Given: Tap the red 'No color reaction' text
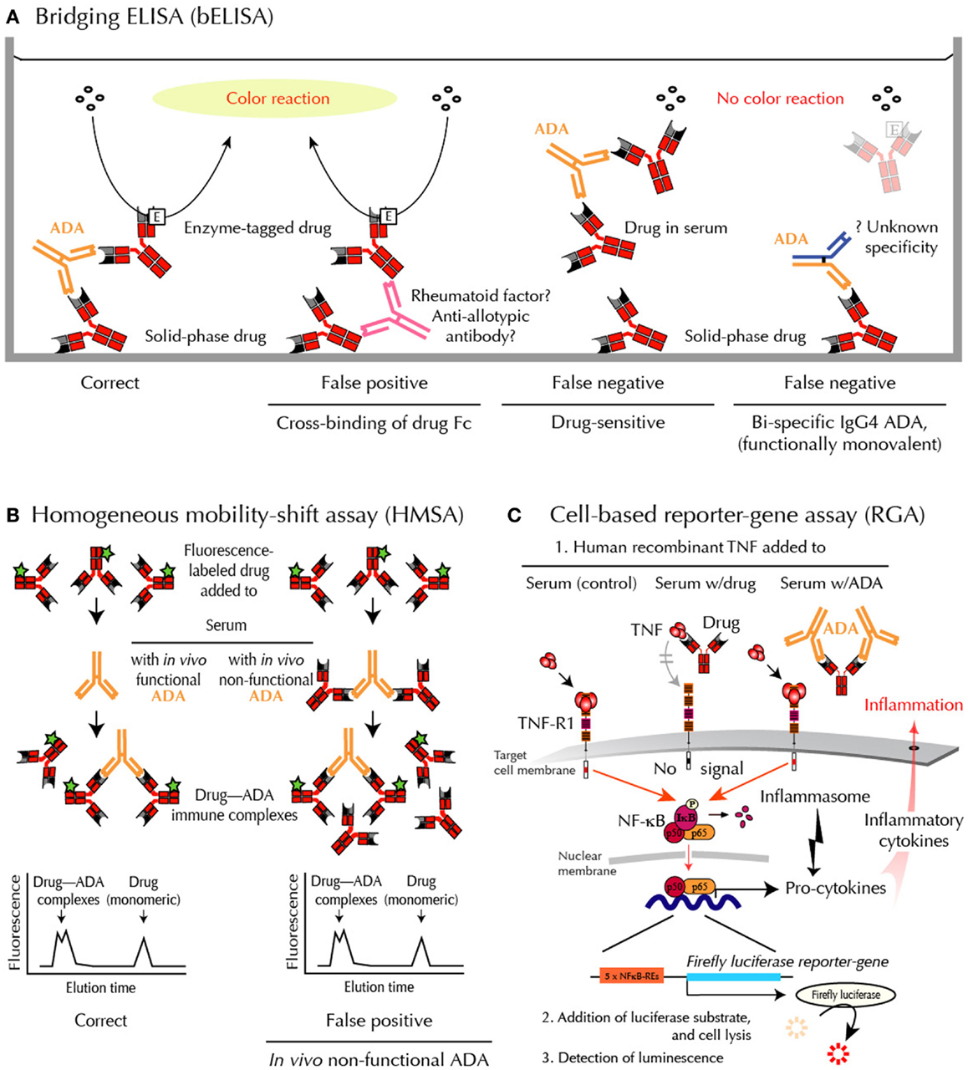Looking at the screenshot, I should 780,99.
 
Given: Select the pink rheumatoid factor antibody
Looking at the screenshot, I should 394,314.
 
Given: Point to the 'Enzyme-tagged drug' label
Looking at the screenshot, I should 257,227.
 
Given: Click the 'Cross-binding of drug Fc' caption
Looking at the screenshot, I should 374,423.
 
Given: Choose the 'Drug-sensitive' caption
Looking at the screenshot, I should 608,423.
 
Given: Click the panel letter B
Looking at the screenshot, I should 13,516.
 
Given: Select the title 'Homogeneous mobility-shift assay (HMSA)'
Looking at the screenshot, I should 247,515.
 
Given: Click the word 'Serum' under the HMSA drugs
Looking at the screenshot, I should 226,625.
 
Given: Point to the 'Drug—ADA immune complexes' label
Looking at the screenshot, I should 235,804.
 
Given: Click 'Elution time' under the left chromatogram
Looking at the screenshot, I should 100,987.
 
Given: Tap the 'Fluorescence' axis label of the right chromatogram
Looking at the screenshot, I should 293,921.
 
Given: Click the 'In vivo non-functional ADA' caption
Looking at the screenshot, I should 379,1060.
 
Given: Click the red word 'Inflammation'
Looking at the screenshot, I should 913,705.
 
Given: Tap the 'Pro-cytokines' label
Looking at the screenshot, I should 835,888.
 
